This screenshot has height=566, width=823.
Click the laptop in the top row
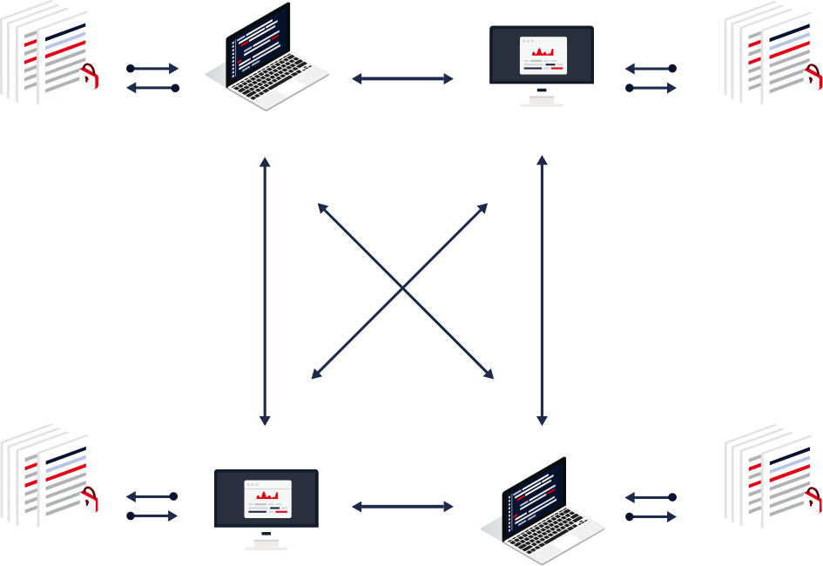click(x=265, y=56)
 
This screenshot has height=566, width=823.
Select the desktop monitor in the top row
click(x=541, y=61)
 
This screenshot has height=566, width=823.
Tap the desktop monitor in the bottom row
click(x=266, y=506)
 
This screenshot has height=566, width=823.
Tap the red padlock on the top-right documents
click(x=813, y=77)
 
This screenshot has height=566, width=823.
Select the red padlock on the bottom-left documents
click(x=89, y=500)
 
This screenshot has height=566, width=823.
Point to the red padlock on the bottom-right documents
click(x=813, y=500)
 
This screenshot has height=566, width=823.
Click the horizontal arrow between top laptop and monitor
click(x=402, y=78)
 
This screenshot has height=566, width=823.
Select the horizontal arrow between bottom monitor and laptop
click(x=402, y=506)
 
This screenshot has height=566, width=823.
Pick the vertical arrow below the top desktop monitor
click(x=542, y=292)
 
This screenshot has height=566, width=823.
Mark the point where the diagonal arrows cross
click(x=402, y=289)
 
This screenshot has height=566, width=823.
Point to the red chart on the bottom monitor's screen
click(x=266, y=495)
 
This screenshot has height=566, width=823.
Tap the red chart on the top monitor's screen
click(x=543, y=52)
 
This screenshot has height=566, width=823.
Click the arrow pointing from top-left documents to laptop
click(x=153, y=68)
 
